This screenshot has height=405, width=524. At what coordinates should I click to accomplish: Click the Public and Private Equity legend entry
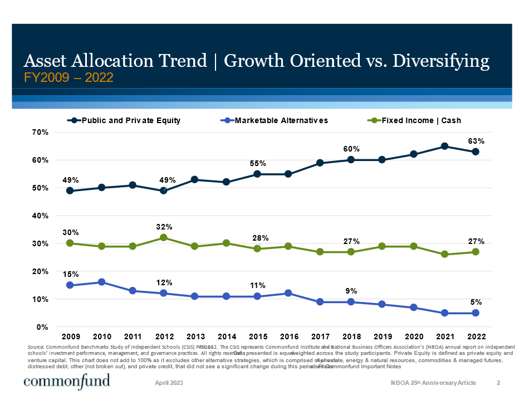(131, 120)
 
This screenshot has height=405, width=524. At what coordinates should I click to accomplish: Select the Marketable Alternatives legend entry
(281, 120)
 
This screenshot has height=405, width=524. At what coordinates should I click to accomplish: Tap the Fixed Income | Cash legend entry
(421, 120)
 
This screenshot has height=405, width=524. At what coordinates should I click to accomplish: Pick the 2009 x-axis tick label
(70, 336)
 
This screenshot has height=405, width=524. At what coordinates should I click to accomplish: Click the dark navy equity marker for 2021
(444, 146)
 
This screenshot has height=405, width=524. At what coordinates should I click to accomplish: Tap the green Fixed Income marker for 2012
(164, 237)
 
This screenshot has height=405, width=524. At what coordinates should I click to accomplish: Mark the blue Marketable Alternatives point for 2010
(101, 282)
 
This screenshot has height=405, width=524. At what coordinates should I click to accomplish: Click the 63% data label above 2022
(476, 141)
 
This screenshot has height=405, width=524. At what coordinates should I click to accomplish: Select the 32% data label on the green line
(164, 227)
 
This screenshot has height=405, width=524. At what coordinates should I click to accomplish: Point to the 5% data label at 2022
(476, 302)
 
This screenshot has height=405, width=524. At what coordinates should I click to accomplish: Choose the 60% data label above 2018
(351, 149)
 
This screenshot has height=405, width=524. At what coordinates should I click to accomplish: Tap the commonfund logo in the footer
(66, 382)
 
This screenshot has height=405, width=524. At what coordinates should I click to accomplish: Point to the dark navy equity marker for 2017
(320, 163)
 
